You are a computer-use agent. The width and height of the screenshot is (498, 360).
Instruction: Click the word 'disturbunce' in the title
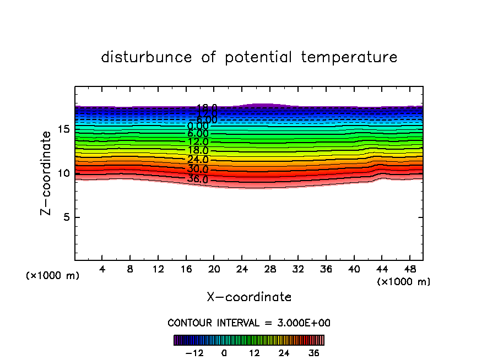[x=147, y=57]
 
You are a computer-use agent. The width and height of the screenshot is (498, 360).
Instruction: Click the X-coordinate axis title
[x=249, y=297]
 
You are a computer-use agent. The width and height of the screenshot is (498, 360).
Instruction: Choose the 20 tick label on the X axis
[x=214, y=270]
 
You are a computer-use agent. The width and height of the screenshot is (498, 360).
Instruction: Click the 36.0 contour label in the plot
[x=198, y=179]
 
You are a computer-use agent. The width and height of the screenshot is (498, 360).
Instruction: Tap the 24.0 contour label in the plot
[x=198, y=160]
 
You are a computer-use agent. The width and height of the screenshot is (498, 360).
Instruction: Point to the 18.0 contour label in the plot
[x=198, y=150]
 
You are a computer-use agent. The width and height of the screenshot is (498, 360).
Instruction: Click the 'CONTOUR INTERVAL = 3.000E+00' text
[x=249, y=323]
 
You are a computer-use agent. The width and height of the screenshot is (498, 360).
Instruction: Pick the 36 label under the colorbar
[x=313, y=353]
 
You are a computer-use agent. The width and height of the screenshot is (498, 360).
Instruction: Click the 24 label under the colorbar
[x=284, y=353]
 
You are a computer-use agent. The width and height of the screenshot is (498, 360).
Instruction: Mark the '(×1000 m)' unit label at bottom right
[x=404, y=282]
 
